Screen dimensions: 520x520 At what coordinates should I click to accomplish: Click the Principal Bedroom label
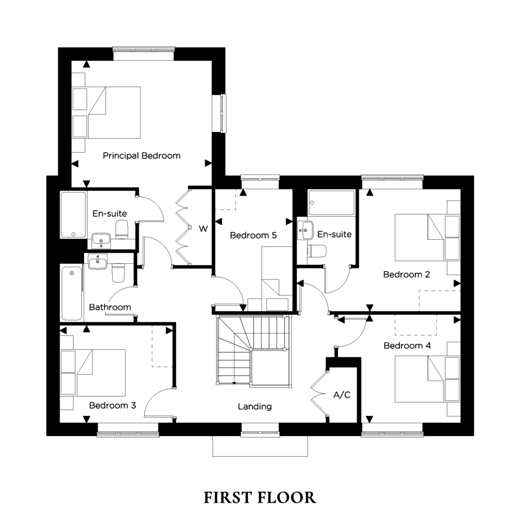click(x=142, y=155)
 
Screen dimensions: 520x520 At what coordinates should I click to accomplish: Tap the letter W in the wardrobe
click(x=203, y=229)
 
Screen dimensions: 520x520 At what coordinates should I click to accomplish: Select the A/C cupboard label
click(x=342, y=395)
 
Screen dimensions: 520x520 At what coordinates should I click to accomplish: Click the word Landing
click(x=255, y=406)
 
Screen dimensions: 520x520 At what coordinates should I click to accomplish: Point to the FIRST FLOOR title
click(x=260, y=497)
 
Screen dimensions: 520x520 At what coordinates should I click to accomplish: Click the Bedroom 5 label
click(x=253, y=235)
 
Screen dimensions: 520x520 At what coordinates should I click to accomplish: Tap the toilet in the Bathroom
click(x=118, y=272)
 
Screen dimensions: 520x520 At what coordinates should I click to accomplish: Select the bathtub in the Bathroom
click(x=71, y=293)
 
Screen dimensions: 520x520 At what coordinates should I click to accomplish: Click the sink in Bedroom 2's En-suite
click(x=305, y=230)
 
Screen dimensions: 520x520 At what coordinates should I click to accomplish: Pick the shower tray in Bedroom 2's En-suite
click(x=331, y=203)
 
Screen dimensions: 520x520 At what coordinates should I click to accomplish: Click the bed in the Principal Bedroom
click(x=114, y=113)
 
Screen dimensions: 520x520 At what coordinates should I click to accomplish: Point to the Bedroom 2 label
click(x=406, y=275)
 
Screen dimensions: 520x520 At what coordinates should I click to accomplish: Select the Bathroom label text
click(x=110, y=307)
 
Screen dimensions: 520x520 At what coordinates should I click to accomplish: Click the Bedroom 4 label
click(x=407, y=346)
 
